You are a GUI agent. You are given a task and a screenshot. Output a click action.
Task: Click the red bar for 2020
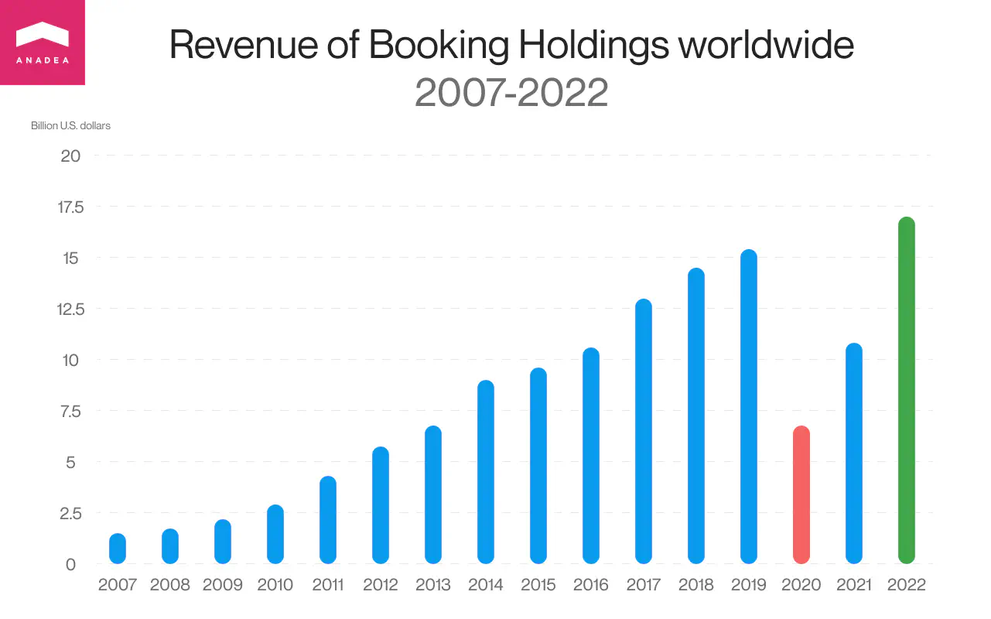[801, 495]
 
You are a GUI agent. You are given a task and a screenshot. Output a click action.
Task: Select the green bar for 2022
[907, 391]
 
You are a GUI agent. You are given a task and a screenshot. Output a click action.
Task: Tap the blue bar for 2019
[749, 407]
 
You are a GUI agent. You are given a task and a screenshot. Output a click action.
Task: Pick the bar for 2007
[118, 549]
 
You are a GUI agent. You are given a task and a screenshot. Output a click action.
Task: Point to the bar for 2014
[486, 472]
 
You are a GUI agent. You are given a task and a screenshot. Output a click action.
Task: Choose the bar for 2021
[854, 453]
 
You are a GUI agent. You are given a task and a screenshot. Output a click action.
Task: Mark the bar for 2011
[328, 520]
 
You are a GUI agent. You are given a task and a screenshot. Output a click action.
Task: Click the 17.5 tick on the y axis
[70, 207]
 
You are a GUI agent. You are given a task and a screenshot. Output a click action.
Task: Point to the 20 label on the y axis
[70, 156]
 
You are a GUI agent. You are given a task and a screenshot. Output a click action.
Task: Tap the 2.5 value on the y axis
[70, 513]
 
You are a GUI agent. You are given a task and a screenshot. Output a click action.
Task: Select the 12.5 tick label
[70, 309]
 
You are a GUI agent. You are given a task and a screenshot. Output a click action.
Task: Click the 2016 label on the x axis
[591, 585]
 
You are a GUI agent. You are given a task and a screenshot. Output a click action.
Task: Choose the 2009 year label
[223, 585]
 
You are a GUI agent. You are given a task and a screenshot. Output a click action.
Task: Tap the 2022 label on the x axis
[907, 585]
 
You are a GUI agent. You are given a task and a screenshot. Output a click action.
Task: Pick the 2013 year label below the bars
[433, 585]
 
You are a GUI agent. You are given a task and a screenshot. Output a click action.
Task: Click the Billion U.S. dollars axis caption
[70, 125]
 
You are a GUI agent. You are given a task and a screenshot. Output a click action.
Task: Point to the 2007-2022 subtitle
[511, 93]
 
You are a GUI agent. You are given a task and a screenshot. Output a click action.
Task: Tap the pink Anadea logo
[43, 43]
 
